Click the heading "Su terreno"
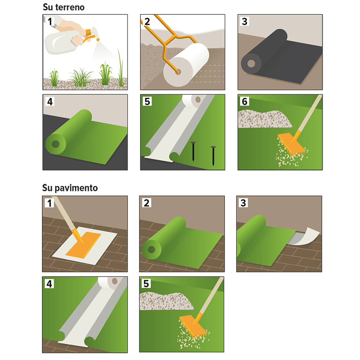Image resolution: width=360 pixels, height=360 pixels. pyautogui.click(x=64, y=7)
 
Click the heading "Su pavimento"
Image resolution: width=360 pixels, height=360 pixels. pyautogui.click(x=70, y=188)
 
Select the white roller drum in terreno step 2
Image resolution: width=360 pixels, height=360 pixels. pyautogui.click(x=186, y=65)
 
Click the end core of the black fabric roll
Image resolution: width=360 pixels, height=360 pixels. pyautogui.click(x=251, y=63)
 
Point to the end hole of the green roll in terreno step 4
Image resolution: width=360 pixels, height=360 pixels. pyautogui.click(x=56, y=144)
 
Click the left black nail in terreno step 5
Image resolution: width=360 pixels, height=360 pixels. pyautogui.click(x=193, y=152)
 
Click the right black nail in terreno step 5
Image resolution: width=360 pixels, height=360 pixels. pyautogui.click(x=213, y=156)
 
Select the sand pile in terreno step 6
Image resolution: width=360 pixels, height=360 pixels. pyautogui.click(x=264, y=119)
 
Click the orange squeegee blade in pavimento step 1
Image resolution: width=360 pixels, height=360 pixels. pyautogui.click(x=83, y=245)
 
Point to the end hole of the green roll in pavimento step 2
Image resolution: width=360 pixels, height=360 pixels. pyautogui.click(x=152, y=249)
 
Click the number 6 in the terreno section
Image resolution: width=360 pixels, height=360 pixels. pyautogui.click(x=245, y=101)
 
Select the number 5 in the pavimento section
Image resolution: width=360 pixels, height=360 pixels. pyautogui.click(x=146, y=284)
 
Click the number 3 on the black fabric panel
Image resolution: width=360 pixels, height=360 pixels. pyautogui.click(x=245, y=21)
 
